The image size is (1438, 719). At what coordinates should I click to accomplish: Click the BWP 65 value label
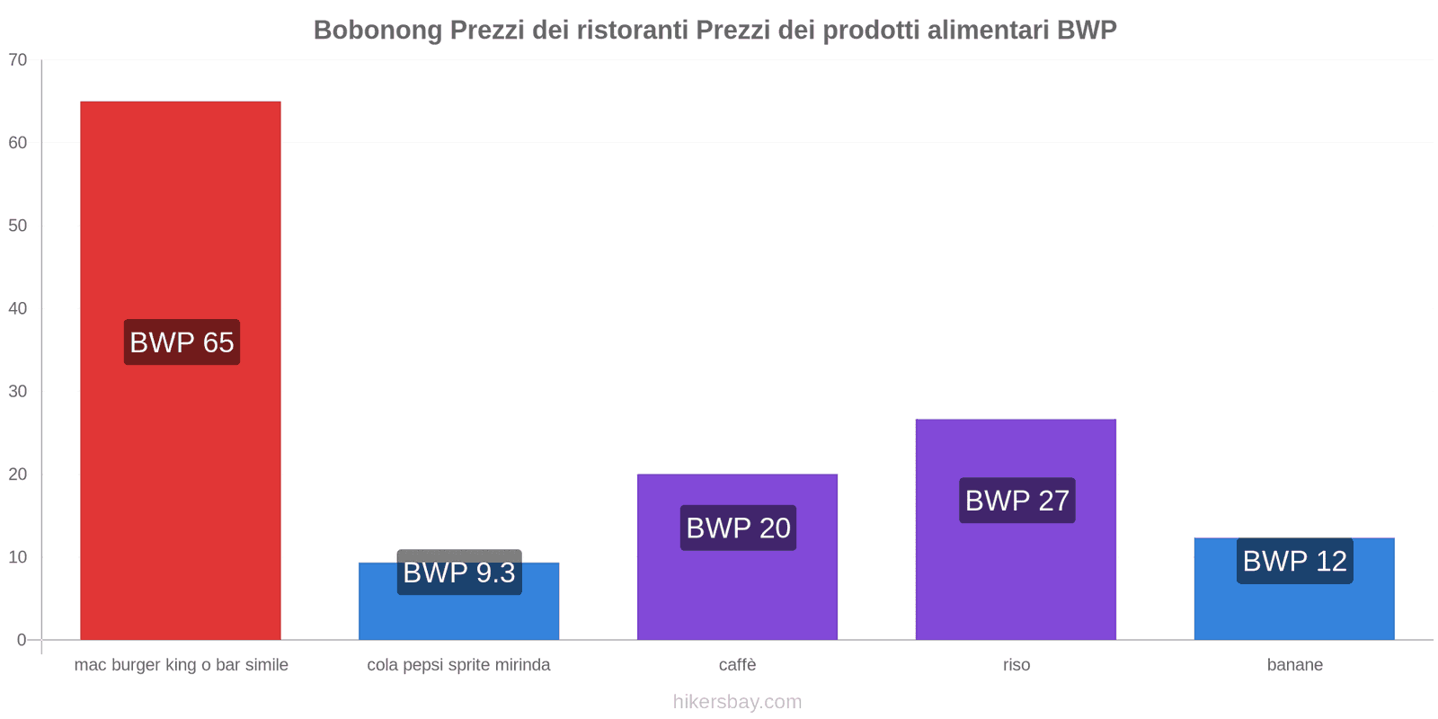click(182, 342)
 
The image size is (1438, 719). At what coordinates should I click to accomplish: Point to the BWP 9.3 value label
click(459, 573)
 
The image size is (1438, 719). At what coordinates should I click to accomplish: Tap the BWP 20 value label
click(738, 528)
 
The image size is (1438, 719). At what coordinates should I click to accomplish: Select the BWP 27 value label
click(1016, 501)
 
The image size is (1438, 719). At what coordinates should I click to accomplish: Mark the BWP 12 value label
click(1294, 561)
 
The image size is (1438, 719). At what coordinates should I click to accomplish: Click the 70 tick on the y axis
click(18, 60)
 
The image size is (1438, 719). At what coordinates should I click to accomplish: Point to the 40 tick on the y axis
click(18, 308)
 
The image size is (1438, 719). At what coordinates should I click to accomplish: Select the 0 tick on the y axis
click(22, 640)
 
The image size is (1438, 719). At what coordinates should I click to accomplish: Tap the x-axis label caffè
click(737, 665)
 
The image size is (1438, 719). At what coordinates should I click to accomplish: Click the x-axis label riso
click(1016, 665)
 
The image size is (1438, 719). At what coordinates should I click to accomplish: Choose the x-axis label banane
click(1294, 665)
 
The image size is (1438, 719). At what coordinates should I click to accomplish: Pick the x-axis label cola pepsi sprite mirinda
click(458, 665)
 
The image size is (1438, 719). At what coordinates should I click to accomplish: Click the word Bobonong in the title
click(377, 31)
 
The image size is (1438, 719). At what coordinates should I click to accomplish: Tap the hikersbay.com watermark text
click(737, 702)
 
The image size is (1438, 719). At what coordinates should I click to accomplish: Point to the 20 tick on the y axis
click(18, 475)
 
